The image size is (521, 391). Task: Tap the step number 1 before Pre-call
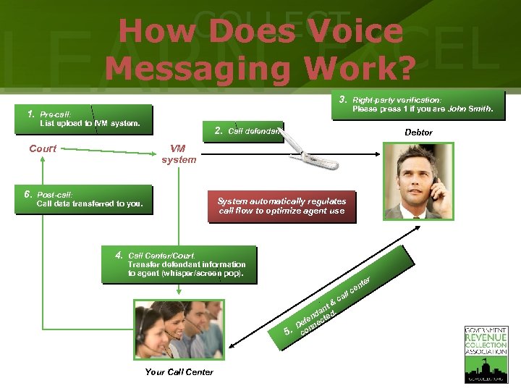[31, 114]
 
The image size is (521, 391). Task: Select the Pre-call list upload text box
[90, 119]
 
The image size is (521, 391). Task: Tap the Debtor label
[418, 133]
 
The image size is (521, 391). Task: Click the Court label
[43, 148]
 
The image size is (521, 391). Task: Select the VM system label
[179, 154]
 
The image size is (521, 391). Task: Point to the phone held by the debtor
[434, 190]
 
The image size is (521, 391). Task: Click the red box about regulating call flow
[281, 206]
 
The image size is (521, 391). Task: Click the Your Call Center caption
[179, 371]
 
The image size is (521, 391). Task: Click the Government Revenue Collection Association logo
[486, 353]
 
